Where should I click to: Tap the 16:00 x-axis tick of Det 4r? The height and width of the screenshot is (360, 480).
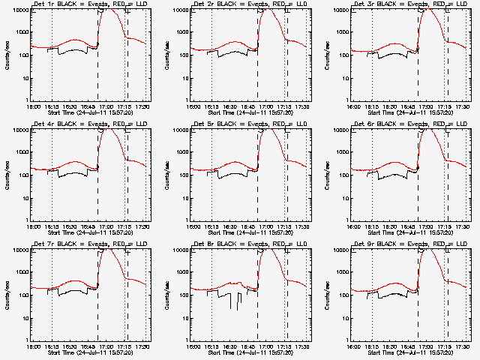32,226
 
